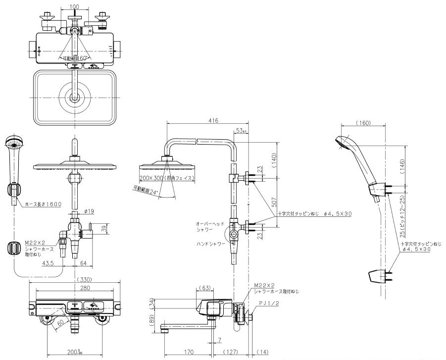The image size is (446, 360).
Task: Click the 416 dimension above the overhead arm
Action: click(214, 120)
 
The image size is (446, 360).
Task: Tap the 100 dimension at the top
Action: click(75, 6)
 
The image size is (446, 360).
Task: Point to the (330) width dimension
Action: click(74, 279)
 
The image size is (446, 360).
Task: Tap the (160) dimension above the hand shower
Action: click(363, 123)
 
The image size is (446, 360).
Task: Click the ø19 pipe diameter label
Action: click(89, 211)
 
